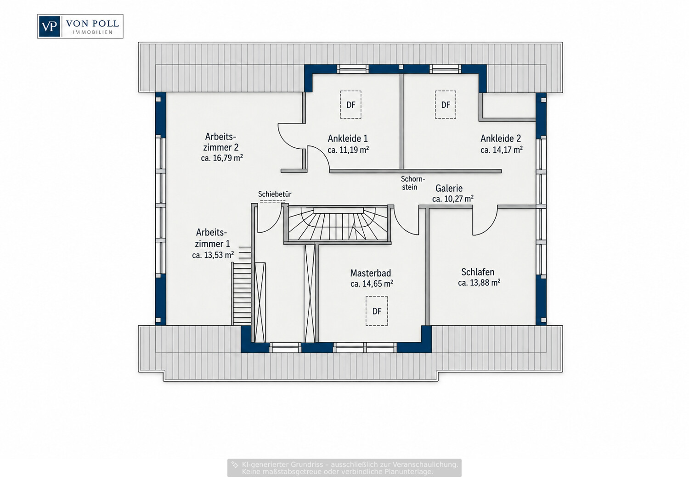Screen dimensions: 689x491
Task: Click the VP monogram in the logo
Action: [49, 27]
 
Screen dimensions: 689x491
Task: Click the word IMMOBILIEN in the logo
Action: [92, 32]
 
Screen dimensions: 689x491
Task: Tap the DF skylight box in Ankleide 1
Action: [350, 105]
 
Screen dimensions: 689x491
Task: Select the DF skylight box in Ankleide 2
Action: [446, 105]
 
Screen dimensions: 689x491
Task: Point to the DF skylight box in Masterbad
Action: [377, 311]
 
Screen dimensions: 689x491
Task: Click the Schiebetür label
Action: [275, 194]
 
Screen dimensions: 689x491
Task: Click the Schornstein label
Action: [413, 183]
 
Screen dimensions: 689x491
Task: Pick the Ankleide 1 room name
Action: [348, 139]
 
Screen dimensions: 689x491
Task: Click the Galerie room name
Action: [449, 188]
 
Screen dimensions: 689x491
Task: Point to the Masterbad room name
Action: [371, 273]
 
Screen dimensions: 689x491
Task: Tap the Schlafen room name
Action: [478, 272]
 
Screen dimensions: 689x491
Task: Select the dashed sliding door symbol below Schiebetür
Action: [273, 201]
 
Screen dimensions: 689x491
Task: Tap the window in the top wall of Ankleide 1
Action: [352, 69]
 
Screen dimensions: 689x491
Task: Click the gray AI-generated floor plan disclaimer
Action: [344, 468]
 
